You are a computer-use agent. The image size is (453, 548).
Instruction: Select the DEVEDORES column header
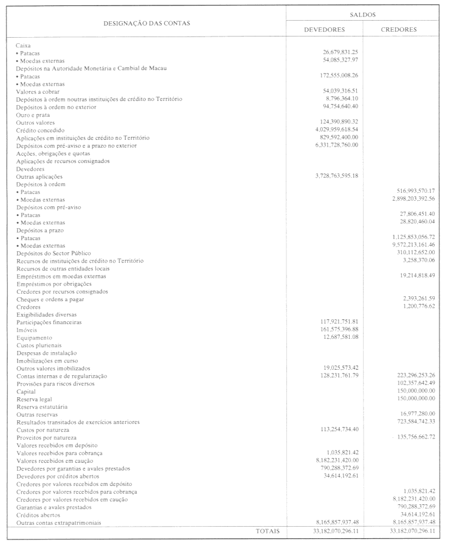[325, 29]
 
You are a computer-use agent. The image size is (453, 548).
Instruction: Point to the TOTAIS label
[268, 531]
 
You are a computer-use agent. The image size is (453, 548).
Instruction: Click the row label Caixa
[23, 45]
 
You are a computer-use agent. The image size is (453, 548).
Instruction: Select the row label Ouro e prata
[33, 114]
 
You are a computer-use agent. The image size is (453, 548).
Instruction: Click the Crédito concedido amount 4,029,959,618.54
[337, 130]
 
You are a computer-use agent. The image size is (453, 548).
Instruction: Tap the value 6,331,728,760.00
[337, 145]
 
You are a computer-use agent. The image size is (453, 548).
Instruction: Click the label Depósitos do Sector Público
[55, 252]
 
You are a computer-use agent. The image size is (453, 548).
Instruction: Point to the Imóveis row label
[26, 330]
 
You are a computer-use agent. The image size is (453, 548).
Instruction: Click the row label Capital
[25, 391]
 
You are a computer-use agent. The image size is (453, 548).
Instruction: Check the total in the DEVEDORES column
[325, 531]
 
